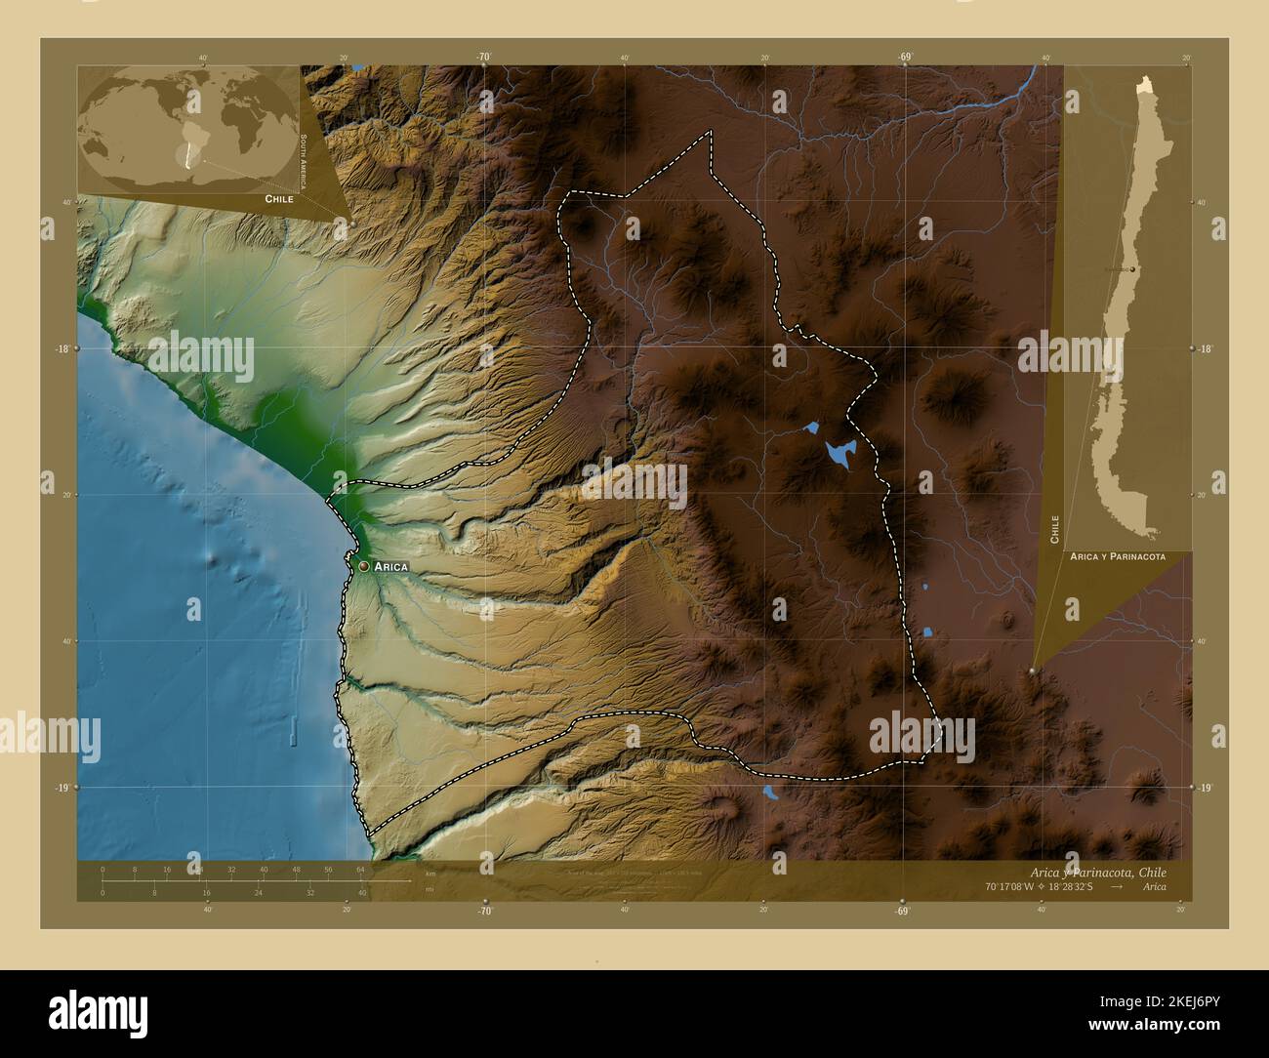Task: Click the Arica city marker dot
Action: click(363, 565)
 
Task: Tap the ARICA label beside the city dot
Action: click(389, 566)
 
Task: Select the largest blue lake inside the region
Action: click(839, 452)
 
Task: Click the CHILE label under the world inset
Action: click(279, 198)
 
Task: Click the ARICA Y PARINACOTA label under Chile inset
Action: click(1117, 555)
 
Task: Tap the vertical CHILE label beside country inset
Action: click(1055, 528)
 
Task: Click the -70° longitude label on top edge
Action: click(484, 58)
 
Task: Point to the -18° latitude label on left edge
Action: click(61, 348)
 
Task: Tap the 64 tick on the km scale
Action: click(359, 869)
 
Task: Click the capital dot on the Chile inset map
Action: click(1131, 268)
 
